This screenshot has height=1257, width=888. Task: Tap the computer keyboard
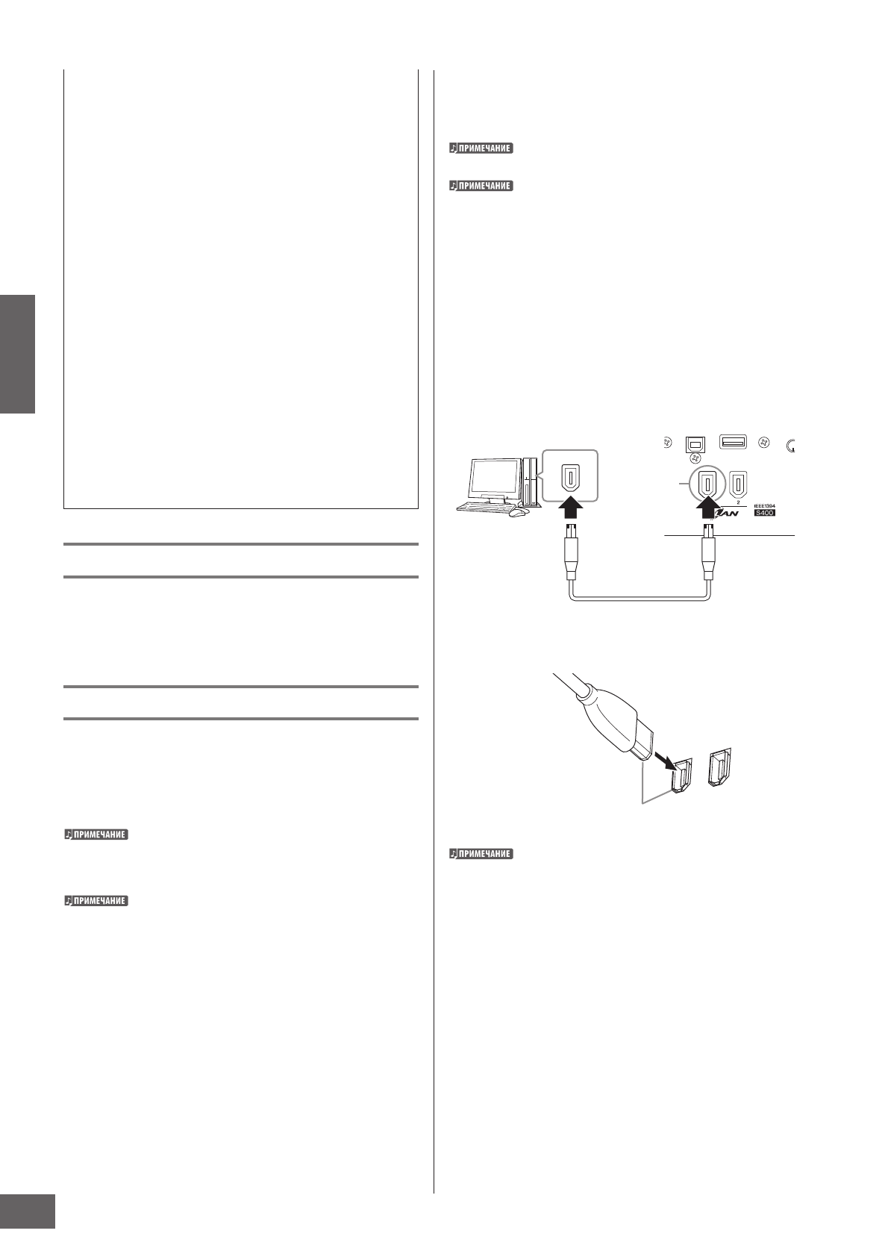tap(482, 507)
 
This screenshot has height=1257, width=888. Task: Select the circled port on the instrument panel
tap(705, 484)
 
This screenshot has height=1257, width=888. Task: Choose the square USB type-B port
tap(695, 443)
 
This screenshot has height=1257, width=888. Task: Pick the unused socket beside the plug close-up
tap(722, 769)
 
